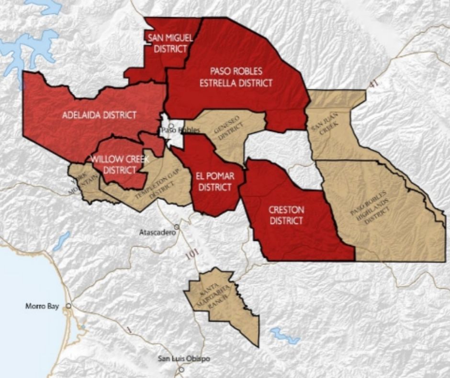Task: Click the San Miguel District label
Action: [167, 44]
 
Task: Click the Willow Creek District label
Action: [120, 164]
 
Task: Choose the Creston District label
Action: [286, 215]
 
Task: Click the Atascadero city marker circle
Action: [177, 226]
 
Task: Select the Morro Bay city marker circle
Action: [69, 306]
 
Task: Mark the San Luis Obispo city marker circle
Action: [181, 370]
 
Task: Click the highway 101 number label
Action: [191, 255]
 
